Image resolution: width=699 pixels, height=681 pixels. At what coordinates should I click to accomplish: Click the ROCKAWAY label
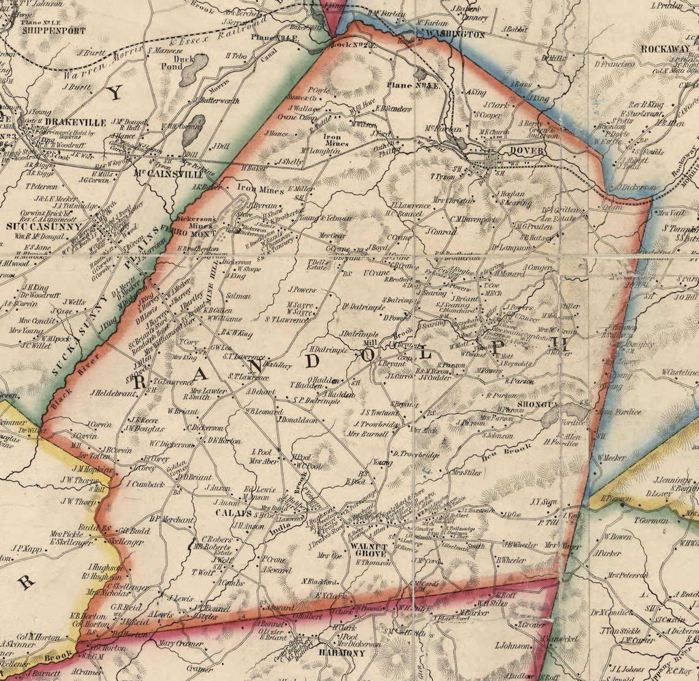pyautogui.click(x=665, y=49)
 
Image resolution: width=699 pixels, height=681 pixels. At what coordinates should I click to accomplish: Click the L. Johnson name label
pyautogui.click(x=511, y=645)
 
